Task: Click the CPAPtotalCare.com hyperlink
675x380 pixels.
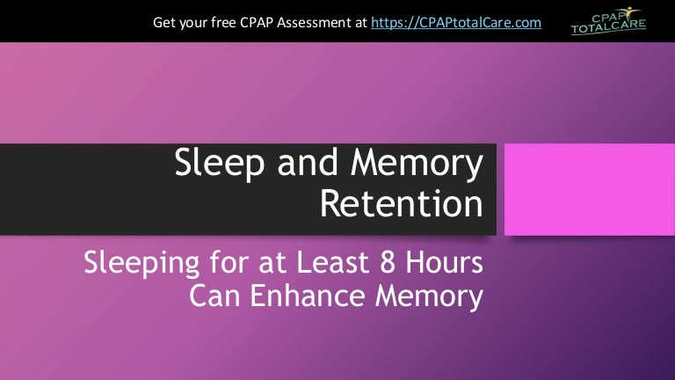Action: pos(456,21)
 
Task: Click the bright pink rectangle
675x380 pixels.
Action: pos(582,190)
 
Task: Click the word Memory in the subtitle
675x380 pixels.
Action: pos(430,296)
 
